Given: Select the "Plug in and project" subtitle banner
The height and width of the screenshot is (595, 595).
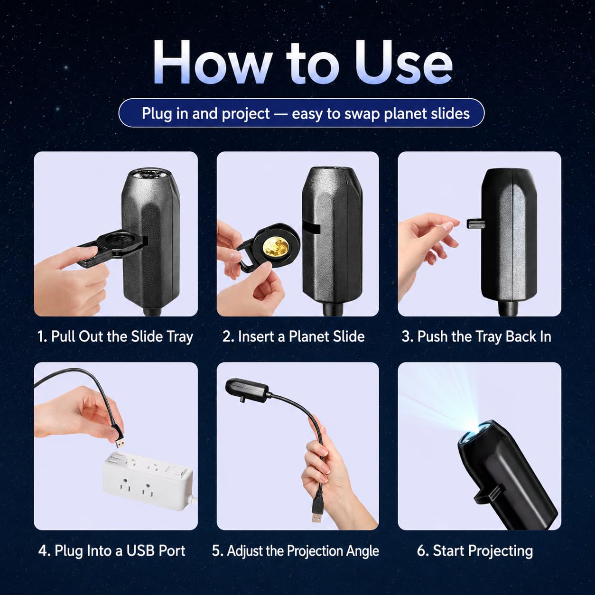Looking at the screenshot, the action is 301,113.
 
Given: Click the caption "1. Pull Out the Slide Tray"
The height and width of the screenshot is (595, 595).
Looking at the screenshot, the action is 115,336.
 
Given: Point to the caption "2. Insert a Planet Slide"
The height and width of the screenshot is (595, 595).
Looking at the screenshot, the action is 294,336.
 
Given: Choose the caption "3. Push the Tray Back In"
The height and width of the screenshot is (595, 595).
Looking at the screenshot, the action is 476,336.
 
